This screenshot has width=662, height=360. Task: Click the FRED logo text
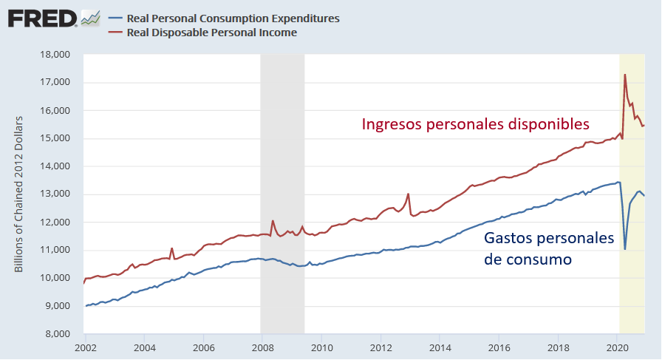[x=43, y=18]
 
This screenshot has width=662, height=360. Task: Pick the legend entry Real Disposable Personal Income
[x=212, y=32]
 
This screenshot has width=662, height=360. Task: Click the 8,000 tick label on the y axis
[x=55, y=334]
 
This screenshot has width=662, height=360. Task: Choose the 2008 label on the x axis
[x=262, y=347]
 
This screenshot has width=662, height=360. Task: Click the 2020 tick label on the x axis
[x=617, y=347]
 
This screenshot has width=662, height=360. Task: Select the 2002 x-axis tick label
[x=86, y=347]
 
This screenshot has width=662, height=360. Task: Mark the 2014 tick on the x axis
[x=440, y=347]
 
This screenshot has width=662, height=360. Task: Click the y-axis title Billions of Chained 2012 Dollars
[x=20, y=194]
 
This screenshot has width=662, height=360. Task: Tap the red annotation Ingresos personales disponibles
[x=475, y=123]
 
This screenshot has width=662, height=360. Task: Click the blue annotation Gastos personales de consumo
[x=548, y=249]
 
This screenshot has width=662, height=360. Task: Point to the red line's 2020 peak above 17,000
[x=625, y=75]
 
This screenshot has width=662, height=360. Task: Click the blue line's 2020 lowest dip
[x=625, y=249]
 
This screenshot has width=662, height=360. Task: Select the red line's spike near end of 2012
[x=409, y=194]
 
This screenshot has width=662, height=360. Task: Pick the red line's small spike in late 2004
[x=171, y=248]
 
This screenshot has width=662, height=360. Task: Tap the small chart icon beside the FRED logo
[x=90, y=18]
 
